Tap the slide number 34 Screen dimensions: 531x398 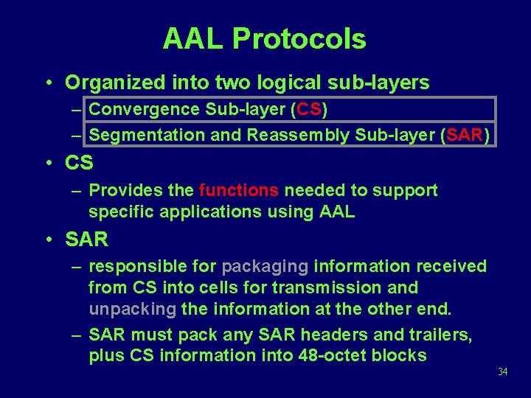tap(503, 371)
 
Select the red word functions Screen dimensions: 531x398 tap(239, 191)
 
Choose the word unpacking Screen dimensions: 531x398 tap(133, 309)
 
